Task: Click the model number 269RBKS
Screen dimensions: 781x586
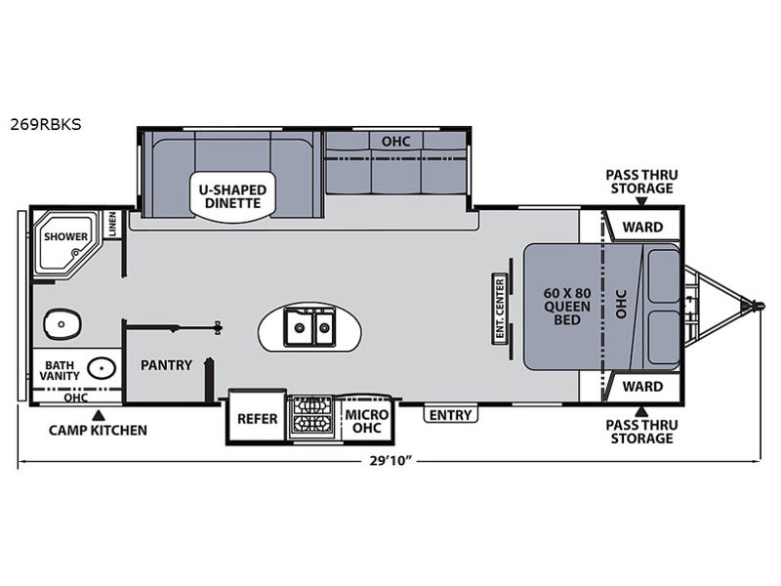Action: click(46, 124)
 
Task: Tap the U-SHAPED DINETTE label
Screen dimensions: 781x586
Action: click(232, 196)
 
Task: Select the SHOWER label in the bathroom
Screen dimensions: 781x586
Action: click(65, 236)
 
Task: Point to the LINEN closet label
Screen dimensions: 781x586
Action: click(112, 224)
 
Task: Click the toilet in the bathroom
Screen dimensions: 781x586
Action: click(62, 324)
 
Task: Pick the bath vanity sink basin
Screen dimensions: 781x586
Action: click(102, 368)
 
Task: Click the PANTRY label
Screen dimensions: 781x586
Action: click(166, 364)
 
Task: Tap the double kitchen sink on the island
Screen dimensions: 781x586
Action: click(309, 326)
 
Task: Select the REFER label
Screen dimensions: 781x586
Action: click(257, 419)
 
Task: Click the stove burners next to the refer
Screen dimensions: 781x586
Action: click(311, 417)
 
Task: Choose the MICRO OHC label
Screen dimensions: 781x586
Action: click(367, 421)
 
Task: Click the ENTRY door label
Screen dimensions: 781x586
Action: click(450, 414)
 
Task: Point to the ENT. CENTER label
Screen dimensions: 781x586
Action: click(500, 309)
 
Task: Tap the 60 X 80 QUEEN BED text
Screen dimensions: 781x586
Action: click(567, 307)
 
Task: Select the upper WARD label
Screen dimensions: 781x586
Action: click(642, 228)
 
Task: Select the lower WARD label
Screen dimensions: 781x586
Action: click(642, 386)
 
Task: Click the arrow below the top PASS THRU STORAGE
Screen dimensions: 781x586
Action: click(641, 201)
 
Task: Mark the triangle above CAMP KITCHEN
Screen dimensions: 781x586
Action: click(99, 414)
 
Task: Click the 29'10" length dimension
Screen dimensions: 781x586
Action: click(391, 460)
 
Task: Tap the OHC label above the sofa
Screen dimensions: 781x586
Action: click(396, 142)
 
